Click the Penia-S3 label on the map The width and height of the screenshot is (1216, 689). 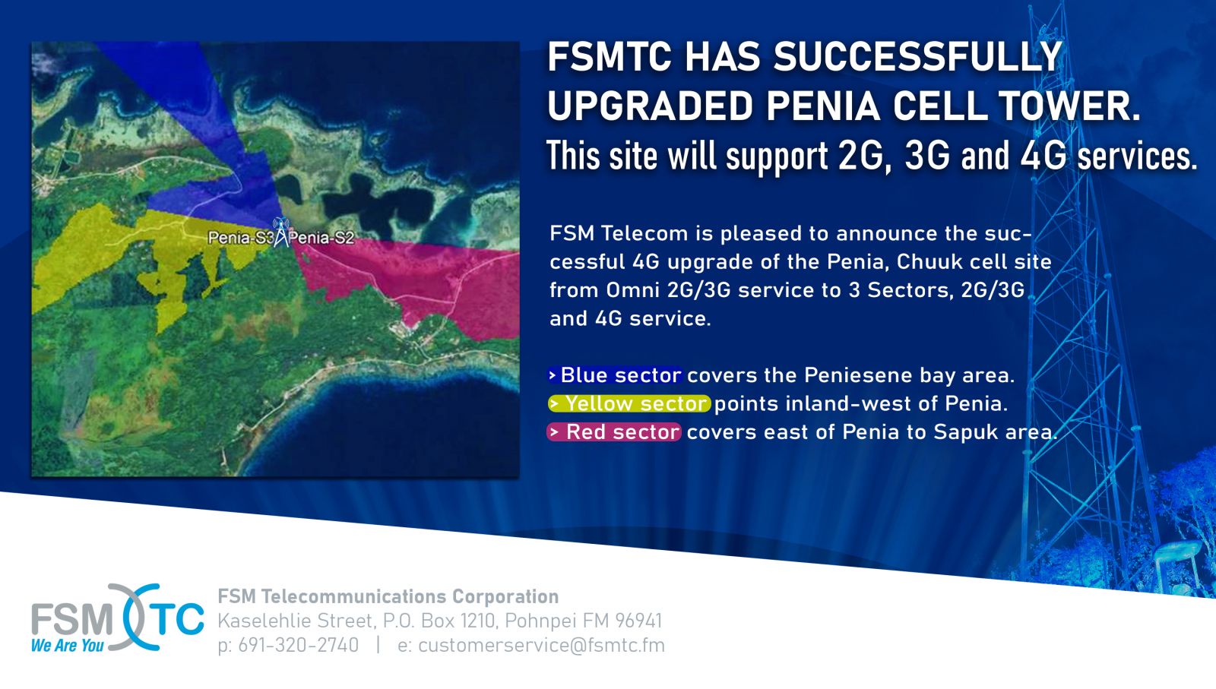[x=240, y=238]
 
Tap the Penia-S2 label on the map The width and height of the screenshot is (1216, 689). [x=321, y=238]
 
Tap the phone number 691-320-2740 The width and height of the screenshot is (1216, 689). [x=298, y=645]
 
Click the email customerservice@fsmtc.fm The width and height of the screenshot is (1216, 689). [x=541, y=645]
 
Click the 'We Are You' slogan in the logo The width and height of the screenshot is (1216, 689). [x=68, y=645]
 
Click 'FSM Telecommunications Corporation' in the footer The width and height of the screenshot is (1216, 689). [x=388, y=596]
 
